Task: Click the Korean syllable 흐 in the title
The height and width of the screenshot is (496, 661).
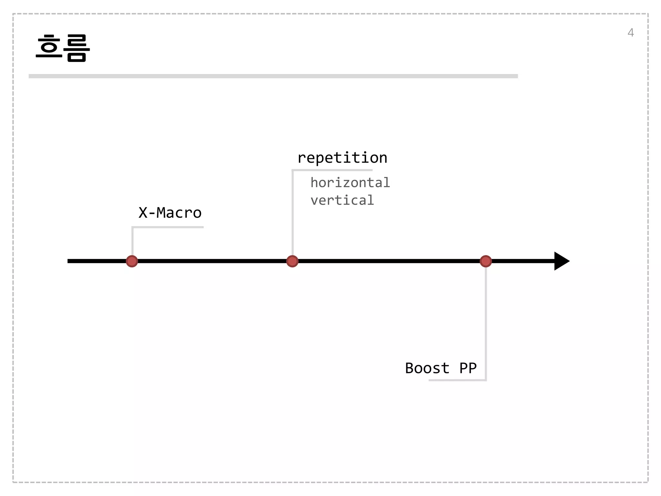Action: point(49,47)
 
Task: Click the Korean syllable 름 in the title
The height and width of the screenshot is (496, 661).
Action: point(77,48)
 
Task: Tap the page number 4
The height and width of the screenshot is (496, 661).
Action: point(630,33)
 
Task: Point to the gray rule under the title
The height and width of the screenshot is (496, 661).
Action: point(273,76)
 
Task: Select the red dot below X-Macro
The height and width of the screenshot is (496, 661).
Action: point(132,261)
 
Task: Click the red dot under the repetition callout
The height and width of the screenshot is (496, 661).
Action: point(292,261)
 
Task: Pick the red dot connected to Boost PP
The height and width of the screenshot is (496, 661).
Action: point(486,261)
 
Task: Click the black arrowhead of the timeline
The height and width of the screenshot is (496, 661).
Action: point(561,261)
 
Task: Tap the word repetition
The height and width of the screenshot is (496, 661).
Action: point(342,158)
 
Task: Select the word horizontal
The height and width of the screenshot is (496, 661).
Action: point(350,183)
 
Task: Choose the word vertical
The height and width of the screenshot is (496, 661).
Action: point(342,201)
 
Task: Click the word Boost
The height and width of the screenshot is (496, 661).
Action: point(427,368)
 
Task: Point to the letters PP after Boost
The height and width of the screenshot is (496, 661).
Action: point(468,368)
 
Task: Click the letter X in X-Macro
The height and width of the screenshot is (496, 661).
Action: point(143,213)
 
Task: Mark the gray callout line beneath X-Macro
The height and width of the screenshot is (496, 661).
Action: point(168,227)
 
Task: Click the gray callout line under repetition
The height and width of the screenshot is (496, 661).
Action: point(332,170)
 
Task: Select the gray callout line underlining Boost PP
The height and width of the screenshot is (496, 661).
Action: point(457,380)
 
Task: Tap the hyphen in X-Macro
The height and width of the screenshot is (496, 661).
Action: point(152,213)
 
